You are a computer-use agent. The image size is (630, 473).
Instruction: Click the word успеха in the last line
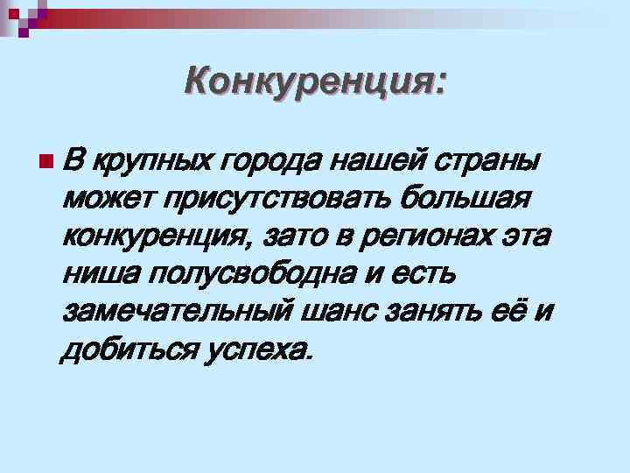pos(259,349)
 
